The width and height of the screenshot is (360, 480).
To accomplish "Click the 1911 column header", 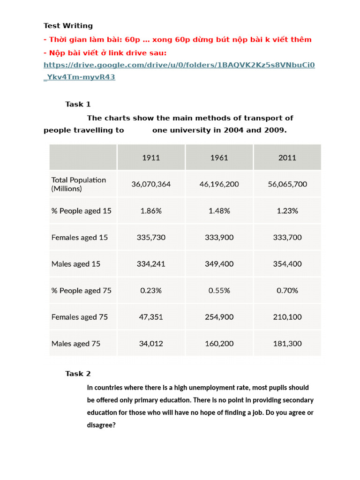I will [151, 157].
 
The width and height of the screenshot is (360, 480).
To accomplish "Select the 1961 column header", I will [219, 157].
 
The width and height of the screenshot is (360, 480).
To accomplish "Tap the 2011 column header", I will [287, 157].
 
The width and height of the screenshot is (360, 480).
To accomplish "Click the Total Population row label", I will [79, 184].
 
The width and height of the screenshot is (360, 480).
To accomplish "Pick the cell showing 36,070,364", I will [151, 184].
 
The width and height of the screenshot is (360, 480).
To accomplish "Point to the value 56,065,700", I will [287, 184].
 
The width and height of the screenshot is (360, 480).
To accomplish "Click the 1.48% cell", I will [219, 211].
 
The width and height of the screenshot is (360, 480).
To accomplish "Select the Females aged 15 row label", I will [80, 237].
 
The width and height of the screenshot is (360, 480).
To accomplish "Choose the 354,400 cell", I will [287, 264].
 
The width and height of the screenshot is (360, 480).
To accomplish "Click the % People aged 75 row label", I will [82, 291].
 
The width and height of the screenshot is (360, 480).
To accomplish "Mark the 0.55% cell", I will [219, 291].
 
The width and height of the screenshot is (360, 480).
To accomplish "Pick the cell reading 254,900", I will [219, 317].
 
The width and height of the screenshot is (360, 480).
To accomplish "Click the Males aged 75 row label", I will [76, 344].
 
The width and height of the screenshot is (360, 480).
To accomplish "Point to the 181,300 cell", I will [287, 344].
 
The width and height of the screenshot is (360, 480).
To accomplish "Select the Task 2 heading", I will [78, 374].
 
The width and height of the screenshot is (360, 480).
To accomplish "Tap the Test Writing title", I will [68, 26].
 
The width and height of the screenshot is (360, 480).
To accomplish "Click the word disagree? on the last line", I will [101, 426].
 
